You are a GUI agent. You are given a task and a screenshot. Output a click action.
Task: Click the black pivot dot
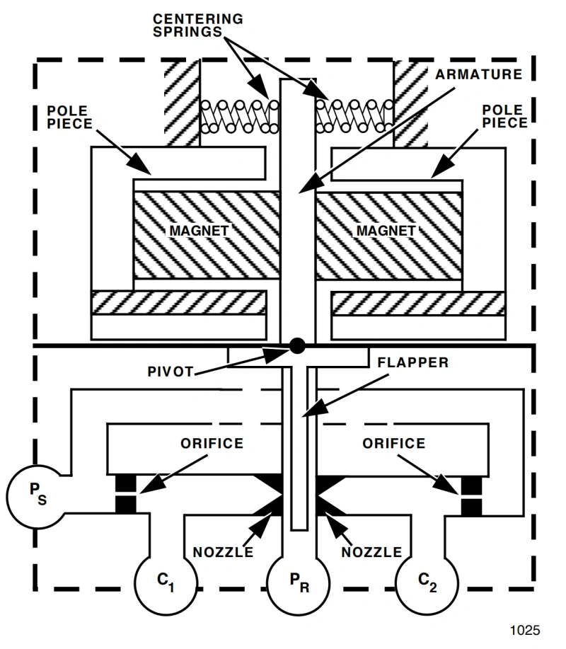tap(297, 345)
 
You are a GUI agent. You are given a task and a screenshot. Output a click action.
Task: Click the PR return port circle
tap(299, 584)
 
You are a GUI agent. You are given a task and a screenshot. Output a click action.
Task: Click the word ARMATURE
tap(479, 74)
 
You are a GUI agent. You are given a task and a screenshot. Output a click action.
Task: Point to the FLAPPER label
tap(413, 362)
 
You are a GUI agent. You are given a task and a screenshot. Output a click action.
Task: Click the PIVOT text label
tap(171, 372)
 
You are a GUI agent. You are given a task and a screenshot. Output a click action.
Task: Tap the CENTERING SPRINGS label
tap(198, 25)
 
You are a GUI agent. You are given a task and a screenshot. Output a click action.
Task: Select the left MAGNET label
tap(199, 231)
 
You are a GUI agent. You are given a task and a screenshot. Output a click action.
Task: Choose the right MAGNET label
tap(386, 231)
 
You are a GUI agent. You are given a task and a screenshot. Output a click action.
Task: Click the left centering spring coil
tap(240, 116)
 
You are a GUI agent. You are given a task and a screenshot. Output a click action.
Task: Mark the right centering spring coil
tap(354, 116)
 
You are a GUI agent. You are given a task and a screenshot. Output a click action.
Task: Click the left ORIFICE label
tap(212, 443)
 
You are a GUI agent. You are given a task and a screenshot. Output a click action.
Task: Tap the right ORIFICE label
tap(394, 443)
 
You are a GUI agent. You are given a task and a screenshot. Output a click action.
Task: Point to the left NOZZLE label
tap(223, 552)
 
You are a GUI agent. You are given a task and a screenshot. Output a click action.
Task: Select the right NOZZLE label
tap(371, 552)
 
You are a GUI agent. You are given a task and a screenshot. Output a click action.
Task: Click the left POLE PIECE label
tap(69, 117)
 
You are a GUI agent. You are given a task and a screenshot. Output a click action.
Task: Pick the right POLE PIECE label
tap(504, 116)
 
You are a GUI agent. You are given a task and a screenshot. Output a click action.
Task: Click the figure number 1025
tap(525, 630)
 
